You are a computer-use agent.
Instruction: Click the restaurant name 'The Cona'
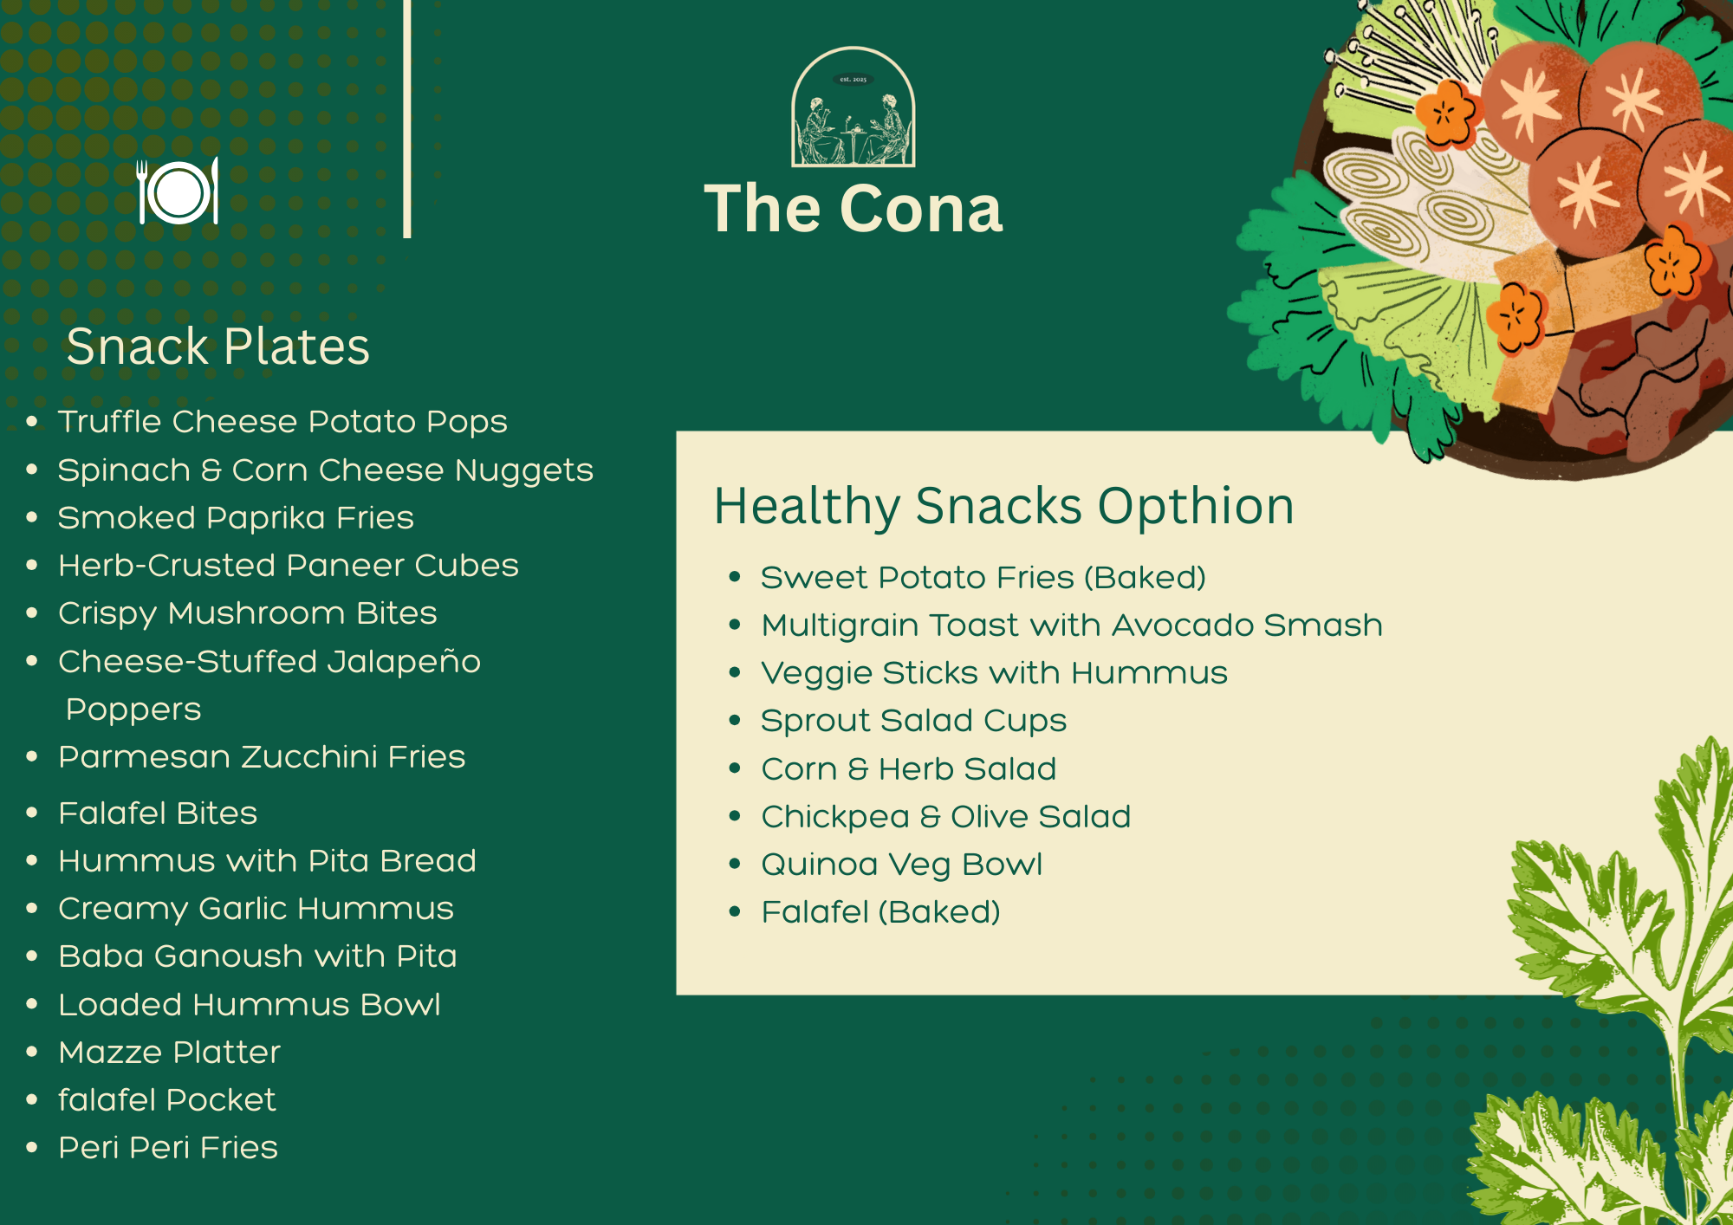click(854, 209)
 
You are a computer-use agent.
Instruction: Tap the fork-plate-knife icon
click(178, 191)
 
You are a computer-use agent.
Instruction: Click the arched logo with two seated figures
click(854, 107)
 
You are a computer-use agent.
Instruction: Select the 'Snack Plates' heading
click(218, 347)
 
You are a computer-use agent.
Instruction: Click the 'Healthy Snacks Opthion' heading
click(1004, 506)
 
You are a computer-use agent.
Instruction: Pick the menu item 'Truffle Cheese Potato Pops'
click(282, 422)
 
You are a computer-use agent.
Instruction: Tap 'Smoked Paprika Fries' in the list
click(236, 517)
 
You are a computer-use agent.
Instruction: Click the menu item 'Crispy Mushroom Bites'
click(248, 613)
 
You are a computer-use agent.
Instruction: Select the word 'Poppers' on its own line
click(133, 710)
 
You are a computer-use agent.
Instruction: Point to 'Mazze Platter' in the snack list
click(170, 1052)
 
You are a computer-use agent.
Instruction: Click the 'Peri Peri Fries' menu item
click(168, 1147)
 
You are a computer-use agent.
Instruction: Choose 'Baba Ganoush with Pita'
click(257, 956)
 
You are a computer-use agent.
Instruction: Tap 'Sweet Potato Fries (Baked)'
click(983, 578)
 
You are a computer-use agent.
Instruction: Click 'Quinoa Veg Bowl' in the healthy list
click(902, 865)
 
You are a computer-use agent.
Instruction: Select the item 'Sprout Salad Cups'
click(914, 721)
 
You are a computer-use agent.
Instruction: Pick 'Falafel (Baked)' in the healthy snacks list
click(881, 912)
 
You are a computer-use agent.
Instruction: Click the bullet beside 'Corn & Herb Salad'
click(735, 768)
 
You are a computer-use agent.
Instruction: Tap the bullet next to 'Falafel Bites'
click(32, 813)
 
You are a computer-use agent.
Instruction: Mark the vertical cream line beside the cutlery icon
click(407, 119)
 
